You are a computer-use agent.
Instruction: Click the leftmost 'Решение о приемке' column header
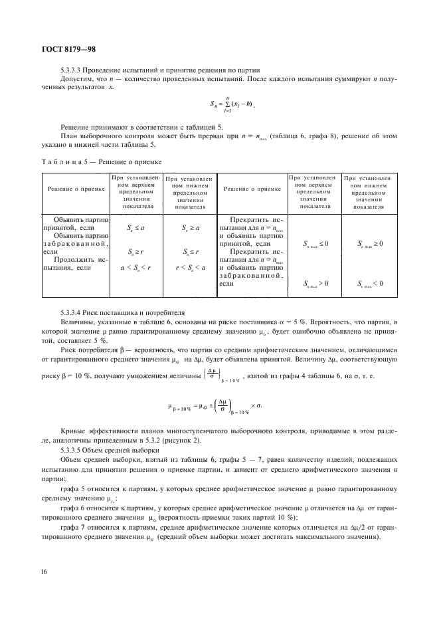[76, 189]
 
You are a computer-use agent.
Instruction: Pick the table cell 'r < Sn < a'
[189, 267]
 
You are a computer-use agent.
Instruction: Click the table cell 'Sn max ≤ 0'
[312, 244]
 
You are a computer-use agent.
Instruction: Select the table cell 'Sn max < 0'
[369, 283]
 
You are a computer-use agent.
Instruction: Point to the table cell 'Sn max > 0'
[312, 283]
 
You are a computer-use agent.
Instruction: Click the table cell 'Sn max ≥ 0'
[369, 244]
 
